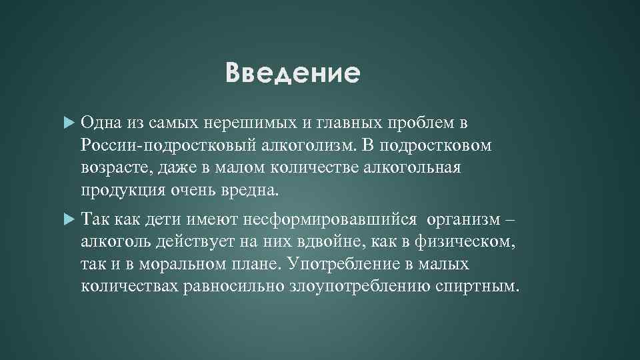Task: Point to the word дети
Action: click(161, 219)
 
